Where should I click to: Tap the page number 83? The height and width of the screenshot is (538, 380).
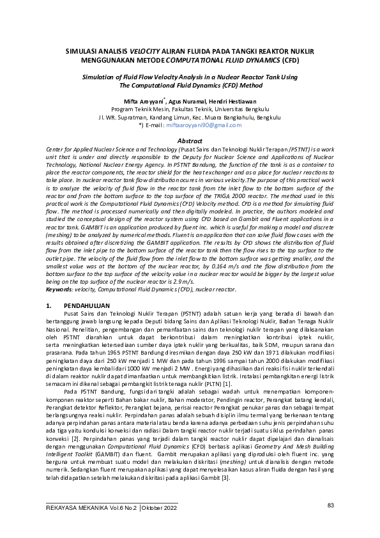(x=331, y=505)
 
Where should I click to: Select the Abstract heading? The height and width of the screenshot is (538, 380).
(x=189, y=140)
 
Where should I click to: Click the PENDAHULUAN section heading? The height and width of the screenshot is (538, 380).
(x=86, y=306)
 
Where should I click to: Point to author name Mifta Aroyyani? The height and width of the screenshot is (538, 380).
(x=144, y=101)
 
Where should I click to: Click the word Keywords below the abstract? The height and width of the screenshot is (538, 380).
(x=60, y=289)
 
